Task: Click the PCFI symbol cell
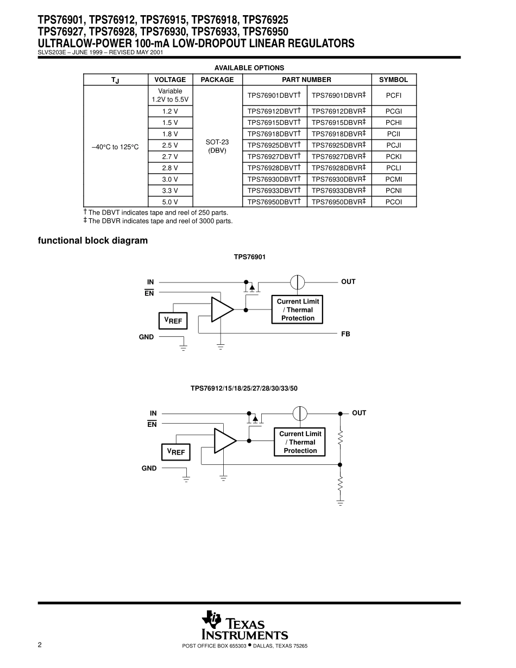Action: (393, 96)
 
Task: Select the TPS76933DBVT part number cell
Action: (274, 191)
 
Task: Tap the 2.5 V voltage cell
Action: (170, 145)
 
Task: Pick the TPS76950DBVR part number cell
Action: (339, 202)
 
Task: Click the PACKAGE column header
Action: (217, 79)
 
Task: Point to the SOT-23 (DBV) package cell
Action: (217, 146)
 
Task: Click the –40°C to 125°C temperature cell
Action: (115, 147)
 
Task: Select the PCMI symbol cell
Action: (393, 179)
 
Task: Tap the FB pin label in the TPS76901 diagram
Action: (345, 334)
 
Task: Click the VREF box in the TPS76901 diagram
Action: (173, 321)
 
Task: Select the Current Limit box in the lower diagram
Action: (300, 442)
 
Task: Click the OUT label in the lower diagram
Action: (359, 413)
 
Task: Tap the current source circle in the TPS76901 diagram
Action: (297, 282)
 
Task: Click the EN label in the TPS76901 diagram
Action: (149, 293)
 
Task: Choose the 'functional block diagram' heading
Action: (92, 241)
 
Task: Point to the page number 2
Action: (40, 645)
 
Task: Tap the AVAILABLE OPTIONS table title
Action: (249, 68)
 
